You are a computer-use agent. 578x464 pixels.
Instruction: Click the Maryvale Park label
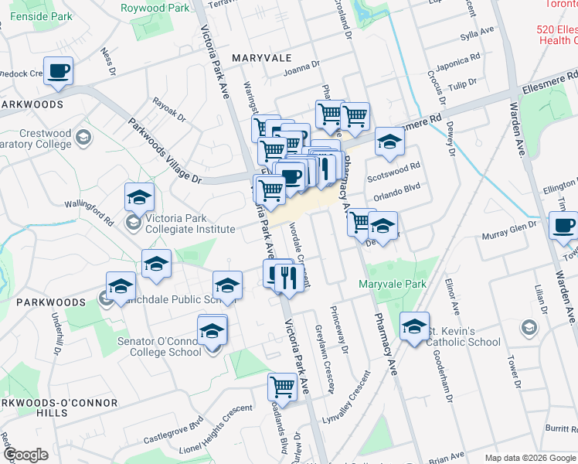coord(393,285)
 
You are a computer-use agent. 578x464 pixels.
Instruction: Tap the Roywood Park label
coord(155,8)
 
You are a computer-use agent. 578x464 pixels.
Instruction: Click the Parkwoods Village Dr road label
coord(164,152)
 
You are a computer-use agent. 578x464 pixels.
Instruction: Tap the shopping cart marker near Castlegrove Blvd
coord(282,387)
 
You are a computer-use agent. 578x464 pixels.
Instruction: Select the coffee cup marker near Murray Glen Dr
coord(563,226)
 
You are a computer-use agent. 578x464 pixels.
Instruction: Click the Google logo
coord(25,455)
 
